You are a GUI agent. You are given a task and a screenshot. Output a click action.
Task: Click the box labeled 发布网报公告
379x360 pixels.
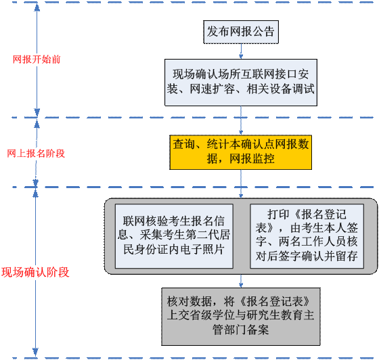coord(241,32)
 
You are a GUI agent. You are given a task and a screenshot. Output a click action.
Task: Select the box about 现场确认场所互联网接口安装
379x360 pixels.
coord(241,83)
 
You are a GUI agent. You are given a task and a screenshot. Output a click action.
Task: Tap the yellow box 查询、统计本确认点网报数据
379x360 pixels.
coord(241,152)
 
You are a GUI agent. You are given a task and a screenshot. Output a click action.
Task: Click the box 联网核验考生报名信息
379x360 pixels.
coord(174,236)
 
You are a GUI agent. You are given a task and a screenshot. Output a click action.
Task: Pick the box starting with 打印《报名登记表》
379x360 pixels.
coord(307,236)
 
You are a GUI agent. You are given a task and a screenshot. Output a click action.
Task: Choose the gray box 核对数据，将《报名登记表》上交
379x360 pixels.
coord(241,317)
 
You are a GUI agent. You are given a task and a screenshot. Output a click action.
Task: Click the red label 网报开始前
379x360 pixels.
coord(37,60)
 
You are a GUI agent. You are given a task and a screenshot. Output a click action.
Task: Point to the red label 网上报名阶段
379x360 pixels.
coord(36,154)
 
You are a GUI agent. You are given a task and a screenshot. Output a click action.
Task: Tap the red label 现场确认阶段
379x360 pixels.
coord(35,272)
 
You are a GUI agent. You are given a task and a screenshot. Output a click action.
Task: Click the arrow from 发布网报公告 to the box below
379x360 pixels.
coord(241,51)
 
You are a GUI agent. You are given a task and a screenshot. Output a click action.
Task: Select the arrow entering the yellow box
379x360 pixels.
coord(241,120)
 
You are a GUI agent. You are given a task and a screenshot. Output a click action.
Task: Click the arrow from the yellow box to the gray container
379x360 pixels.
coord(241,184)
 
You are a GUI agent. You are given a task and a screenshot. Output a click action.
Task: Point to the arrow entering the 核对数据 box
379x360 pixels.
coord(241,281)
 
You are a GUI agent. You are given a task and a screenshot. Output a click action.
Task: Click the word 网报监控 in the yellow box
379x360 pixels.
coord(252,159)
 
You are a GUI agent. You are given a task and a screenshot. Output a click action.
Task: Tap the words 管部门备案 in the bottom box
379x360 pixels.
coord(241,330)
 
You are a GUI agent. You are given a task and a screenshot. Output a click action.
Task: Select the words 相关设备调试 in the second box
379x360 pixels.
coord(280,89)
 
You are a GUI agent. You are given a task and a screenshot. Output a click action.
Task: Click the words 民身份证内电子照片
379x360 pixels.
coord(174,249)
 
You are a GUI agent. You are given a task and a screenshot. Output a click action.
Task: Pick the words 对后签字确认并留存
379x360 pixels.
coord(307,256)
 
